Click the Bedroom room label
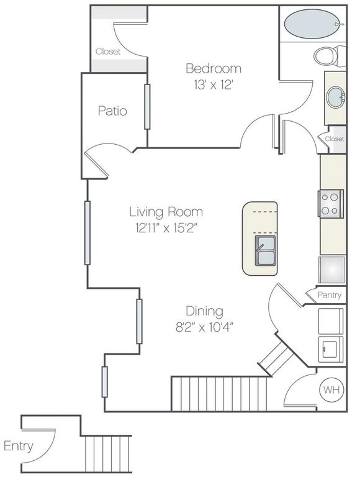coord(214,68)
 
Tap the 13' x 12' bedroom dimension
coord(213,85)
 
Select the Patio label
coord(112,111)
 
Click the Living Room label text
coord(166,212)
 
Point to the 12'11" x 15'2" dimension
coord(166,228)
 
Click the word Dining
coord(205,311)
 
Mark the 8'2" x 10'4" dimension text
coord(205,326)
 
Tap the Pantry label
coord(330,295)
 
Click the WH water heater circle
coord(330,390)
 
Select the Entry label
coord(19,446)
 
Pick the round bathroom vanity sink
coord(336,97)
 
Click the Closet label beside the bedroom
coord(108,52)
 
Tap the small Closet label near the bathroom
coord(334,139)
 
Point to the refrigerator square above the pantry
coord(331,269)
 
